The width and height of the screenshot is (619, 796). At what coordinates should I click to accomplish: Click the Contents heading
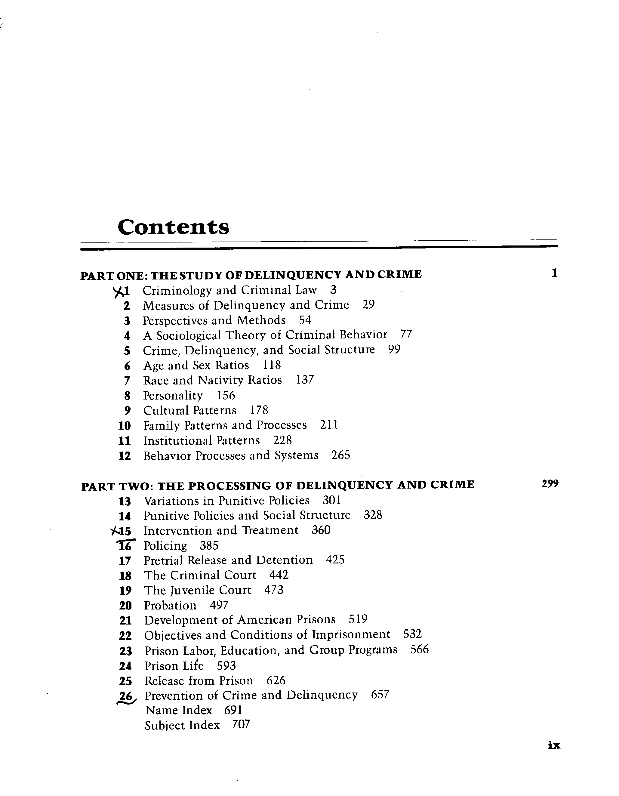(x=174, y=227)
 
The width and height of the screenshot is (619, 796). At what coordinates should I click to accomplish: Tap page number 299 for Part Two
(x=550, y=484)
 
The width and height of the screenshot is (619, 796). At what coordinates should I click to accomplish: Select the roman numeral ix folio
(x=554, y=745)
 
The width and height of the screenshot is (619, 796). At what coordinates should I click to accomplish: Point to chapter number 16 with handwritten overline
(x=125, y=546)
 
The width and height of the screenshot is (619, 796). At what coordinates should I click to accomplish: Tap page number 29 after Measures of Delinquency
(x=368, y=305)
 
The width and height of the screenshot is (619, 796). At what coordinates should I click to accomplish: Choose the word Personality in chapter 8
(x=173, y=396)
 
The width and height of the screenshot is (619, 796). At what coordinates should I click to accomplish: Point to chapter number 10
(x=125, y=426)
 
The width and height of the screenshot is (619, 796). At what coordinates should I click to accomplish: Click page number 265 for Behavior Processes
(x=341, y=455)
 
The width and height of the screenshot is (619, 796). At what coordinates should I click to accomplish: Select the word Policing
(x=165, y=546)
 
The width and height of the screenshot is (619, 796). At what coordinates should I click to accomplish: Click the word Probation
(x=170, y=605)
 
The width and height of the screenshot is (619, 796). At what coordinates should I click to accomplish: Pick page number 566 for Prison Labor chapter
(x=419, y=649)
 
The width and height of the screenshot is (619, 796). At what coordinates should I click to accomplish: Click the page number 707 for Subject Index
(x=241, y=725)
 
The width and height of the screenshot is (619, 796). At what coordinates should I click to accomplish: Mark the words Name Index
(x=179, y=710)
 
